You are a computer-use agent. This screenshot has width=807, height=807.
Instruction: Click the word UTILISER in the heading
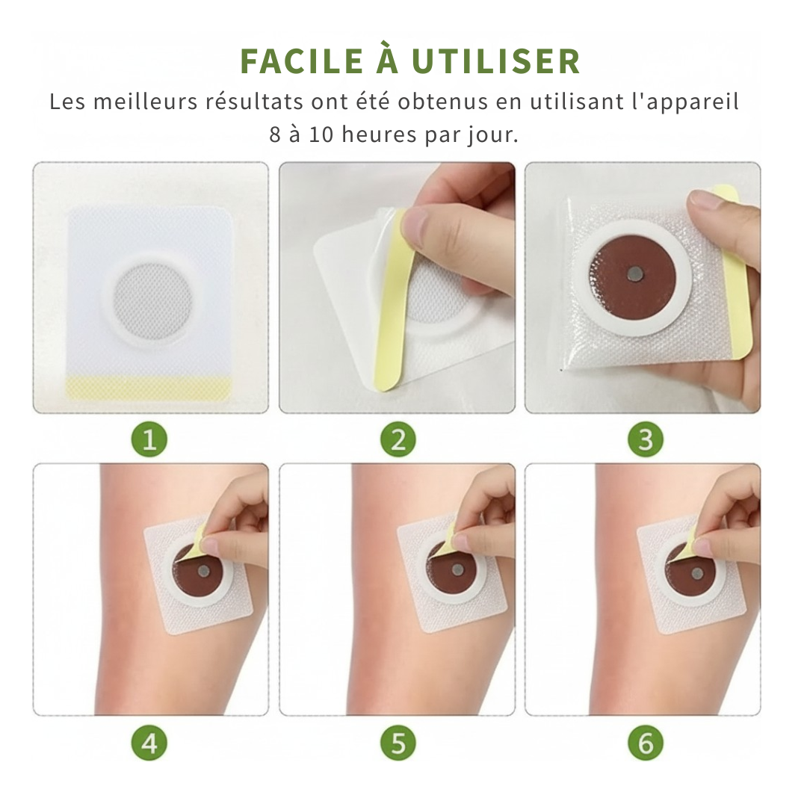tap(496, 61)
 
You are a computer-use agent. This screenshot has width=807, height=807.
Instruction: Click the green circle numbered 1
tap(149, 440)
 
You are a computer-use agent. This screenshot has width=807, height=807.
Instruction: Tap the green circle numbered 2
tap(398, 440)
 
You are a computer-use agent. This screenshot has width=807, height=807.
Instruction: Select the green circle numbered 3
tap(646, 440)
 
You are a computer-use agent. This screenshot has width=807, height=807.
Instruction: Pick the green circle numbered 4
tap(149, 743)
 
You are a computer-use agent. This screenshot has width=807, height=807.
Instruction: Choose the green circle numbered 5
tap(398, 743)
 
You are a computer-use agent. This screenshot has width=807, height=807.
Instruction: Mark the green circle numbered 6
tap(646, 743)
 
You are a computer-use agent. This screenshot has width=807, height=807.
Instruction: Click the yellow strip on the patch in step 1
tap(150, 386)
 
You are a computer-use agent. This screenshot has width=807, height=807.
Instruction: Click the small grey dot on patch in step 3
tap(634, 275)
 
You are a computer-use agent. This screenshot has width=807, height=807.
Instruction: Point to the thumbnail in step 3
tap(703, 200)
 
